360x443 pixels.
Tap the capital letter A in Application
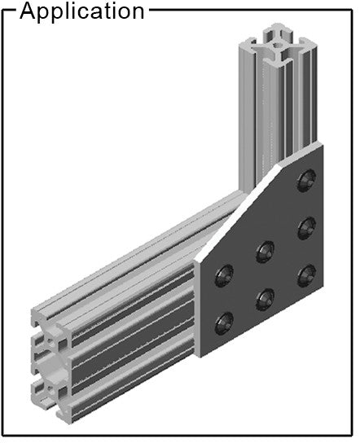click(x=29, y=11)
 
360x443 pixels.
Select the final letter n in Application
click(x=138, y=13)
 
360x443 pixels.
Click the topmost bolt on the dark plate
click(x=306, y=181)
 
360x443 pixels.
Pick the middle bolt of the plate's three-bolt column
click(x=306, y=228)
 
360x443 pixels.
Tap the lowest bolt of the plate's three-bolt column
click(x=306, y=275)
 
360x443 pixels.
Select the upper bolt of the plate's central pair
click(x=265, y=252)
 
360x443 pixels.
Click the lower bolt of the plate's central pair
click(x=265, y=299)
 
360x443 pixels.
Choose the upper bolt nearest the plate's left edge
click(x=224, y=276)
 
